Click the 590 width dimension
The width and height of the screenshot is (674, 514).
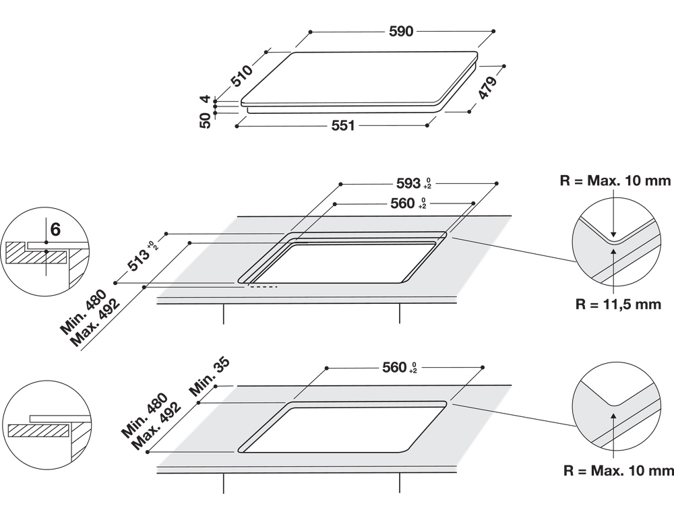click(x=400, y=32)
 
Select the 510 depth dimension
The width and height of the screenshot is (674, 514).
click(x=241, y=75)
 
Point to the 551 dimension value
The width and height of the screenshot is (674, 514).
click(x=343, y=125)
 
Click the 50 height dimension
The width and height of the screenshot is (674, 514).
click(x=205, y=121)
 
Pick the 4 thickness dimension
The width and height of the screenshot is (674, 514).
click(x=206, y=99)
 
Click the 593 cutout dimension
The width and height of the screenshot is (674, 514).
click(x=408, y=183)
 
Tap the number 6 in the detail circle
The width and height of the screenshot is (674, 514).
click(x=55, y=230)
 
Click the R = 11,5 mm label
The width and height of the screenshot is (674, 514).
click(x=618, y=304)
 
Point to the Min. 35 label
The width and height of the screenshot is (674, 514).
click(x=210, y=377)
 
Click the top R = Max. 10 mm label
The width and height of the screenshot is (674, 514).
click(x=615, y=181)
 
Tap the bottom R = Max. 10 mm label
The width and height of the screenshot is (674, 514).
click(x=619, y=471)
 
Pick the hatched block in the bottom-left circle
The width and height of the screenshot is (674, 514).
click(x=38, y=431)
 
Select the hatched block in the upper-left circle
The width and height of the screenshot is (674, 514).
click(x=36, y=257)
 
